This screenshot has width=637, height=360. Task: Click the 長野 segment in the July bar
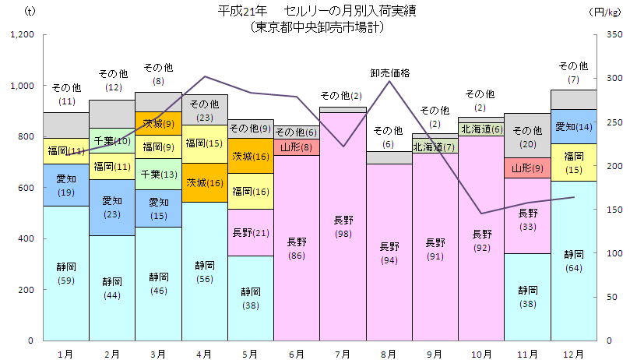click(343, 226)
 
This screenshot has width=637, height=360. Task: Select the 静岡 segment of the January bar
click(66, 273)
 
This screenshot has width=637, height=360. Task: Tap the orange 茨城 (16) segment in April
click(204, 183)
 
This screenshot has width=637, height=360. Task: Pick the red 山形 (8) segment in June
click(297, 146)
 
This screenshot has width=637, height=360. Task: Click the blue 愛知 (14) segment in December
click(574, 126)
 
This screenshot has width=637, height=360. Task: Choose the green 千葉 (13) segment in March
click(158, 175)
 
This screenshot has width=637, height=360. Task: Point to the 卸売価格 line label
click(389, 73)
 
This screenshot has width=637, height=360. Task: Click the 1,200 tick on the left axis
click(22, 35)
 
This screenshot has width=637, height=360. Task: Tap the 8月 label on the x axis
click(389, 353)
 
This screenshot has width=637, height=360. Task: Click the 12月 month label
click(574, 353)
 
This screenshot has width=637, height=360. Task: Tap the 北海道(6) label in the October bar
click(482, 129)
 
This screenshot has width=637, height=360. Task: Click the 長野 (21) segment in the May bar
click(251, 232)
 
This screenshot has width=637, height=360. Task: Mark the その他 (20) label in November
click(528, 136)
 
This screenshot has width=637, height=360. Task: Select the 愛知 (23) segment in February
click(112, 207)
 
